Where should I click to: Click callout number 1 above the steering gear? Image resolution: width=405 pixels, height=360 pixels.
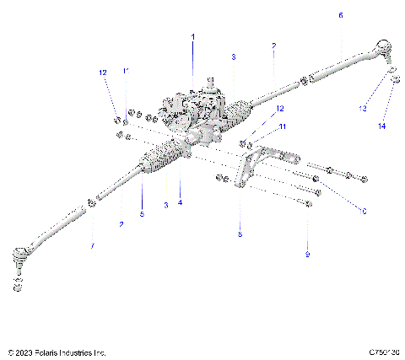coord(192,37)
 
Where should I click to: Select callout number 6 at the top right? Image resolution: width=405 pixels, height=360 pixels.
coord(340,15)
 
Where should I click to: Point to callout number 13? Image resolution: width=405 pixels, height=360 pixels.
coord(362,109)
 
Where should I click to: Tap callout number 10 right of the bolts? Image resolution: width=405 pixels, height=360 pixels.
coord(364,211)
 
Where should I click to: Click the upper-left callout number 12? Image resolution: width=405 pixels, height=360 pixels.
coord(103,73)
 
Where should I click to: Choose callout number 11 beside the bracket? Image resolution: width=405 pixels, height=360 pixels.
coord(283,126)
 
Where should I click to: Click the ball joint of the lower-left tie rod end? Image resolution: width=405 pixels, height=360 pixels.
coord(21,255)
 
